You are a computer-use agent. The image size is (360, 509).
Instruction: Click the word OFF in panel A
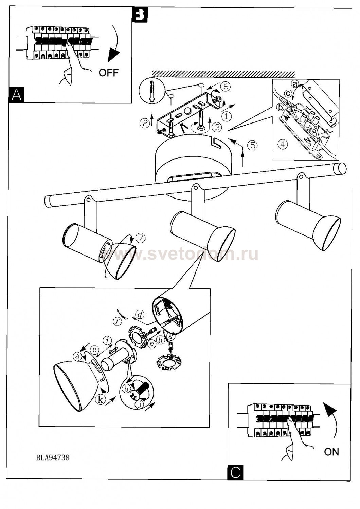click(x=109, y=72)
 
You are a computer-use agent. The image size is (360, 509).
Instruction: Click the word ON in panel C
click(x=331, y=452)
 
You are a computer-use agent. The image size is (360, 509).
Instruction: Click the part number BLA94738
click(x=53, y=458)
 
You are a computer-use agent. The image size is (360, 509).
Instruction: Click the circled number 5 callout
click(x=252, y=145)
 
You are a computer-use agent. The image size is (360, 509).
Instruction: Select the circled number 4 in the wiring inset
click(x=282, y=144)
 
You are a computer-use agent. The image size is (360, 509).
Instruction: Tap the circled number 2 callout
click(x=145, y=123)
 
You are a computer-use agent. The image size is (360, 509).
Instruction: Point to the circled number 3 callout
click(x=217, y=127)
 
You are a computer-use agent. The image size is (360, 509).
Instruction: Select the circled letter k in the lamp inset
click(x=100, y=400)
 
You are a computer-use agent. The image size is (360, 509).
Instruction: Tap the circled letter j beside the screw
click(x=139, y=404)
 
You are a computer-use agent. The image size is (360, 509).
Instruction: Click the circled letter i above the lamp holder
click(x=108, y=340)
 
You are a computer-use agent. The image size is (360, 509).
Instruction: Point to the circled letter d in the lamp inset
click(x=139, y=314)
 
